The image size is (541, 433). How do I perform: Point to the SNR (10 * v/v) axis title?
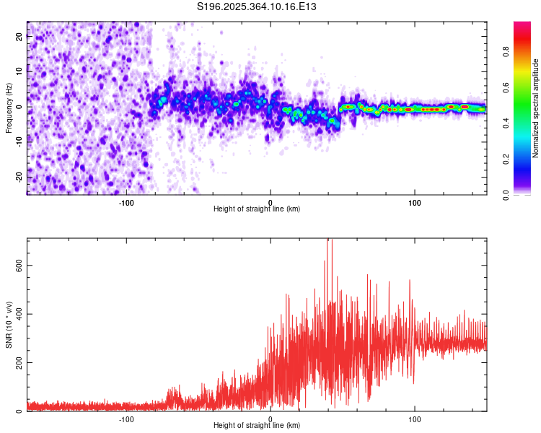(9, 325)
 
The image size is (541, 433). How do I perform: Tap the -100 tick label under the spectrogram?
(126, 201)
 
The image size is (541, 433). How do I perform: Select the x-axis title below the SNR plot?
(257, 426)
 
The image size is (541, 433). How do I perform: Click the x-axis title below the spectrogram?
(257, 209)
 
